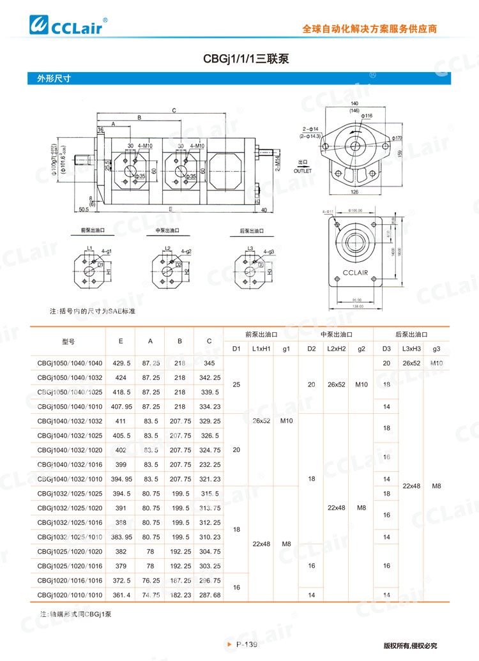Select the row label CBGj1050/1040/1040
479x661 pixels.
[x=70, y=363]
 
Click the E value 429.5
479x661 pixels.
[x=121, y=363]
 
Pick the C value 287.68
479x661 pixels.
[x=209, y=595]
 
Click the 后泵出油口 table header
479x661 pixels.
[x=411, y=334]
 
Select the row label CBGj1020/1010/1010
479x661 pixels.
[x=70, y=595]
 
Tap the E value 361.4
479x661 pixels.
[x=121, y=595]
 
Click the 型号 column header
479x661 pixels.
[x=69, y=341]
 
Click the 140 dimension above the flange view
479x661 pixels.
[x=354, y=103]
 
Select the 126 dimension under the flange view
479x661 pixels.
[x=354, y=192]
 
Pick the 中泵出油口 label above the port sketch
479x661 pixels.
[x=167, y=231]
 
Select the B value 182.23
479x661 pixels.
[x=180, y=595]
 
